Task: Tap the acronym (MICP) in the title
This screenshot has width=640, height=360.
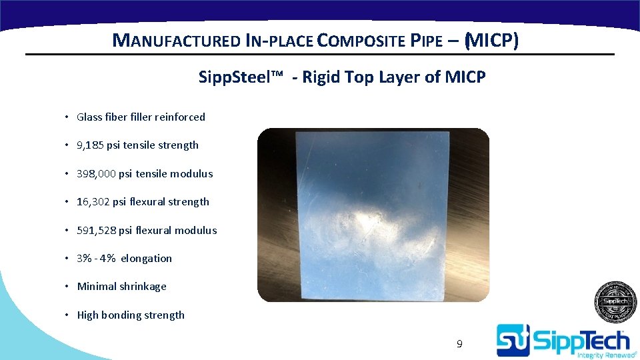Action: coord(491,41)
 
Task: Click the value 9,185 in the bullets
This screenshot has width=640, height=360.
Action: coord(91,145)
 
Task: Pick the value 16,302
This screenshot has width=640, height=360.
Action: coord(93,202)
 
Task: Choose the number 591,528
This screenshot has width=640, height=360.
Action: coord(97,231)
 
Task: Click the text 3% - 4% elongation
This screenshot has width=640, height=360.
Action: coord(124,259)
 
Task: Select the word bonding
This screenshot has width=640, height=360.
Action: coord(124,315)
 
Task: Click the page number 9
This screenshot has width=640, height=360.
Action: coord(459,344)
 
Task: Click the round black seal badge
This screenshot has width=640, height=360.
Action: coord(615,302)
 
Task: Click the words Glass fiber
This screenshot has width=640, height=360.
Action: coord(98,117)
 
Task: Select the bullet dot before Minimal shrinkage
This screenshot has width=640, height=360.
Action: coord(68,287)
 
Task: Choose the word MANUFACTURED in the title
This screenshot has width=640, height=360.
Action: coord(177,41)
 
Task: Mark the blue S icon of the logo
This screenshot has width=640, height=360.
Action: coord(513,340)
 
